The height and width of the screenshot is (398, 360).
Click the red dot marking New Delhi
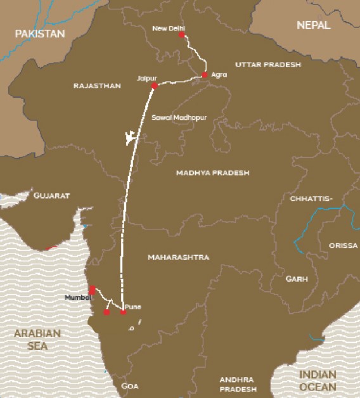181,35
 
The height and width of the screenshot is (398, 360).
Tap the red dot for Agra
204,75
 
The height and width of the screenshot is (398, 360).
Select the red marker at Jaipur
153,85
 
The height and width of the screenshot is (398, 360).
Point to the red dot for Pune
123,312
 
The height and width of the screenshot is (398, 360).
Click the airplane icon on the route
131,137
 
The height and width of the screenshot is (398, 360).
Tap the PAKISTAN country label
40,33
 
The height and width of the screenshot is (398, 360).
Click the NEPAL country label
313,25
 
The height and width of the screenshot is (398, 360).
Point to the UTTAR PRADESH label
264,65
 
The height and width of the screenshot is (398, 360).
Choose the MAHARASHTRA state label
178,257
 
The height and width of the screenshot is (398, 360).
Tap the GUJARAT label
52,196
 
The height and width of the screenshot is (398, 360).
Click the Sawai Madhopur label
180,119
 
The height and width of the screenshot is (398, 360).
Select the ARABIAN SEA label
38,340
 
